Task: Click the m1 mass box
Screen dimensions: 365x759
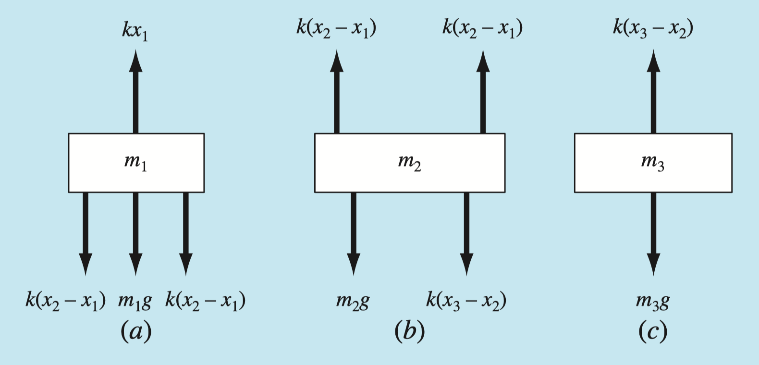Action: point(136,163)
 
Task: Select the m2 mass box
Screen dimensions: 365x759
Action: point(409,163)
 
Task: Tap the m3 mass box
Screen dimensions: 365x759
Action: point(653,163)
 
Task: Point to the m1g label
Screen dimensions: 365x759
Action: point(135,301)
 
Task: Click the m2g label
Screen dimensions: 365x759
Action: point(353,301)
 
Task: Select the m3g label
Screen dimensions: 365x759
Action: point(652,301)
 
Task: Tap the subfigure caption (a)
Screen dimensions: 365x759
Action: point(136,331)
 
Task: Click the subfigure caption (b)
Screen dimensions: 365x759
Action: point(409,331)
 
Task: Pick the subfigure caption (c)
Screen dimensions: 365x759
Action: point(653,331)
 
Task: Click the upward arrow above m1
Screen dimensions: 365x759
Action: point(135,91)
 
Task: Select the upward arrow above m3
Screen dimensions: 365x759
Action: point(653,91)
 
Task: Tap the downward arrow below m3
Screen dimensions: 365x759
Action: point(653,233)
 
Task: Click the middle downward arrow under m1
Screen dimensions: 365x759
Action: point(135,233)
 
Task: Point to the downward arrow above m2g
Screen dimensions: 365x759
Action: point(354,233)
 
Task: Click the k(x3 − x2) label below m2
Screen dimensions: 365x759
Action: point(466,301)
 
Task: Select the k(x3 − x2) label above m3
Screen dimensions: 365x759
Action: point(653,28)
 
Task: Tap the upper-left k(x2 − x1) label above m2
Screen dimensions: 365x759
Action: point(336,28)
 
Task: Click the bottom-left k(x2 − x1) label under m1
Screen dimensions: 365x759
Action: point(65,301)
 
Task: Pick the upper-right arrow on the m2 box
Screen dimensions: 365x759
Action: point(483,91)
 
